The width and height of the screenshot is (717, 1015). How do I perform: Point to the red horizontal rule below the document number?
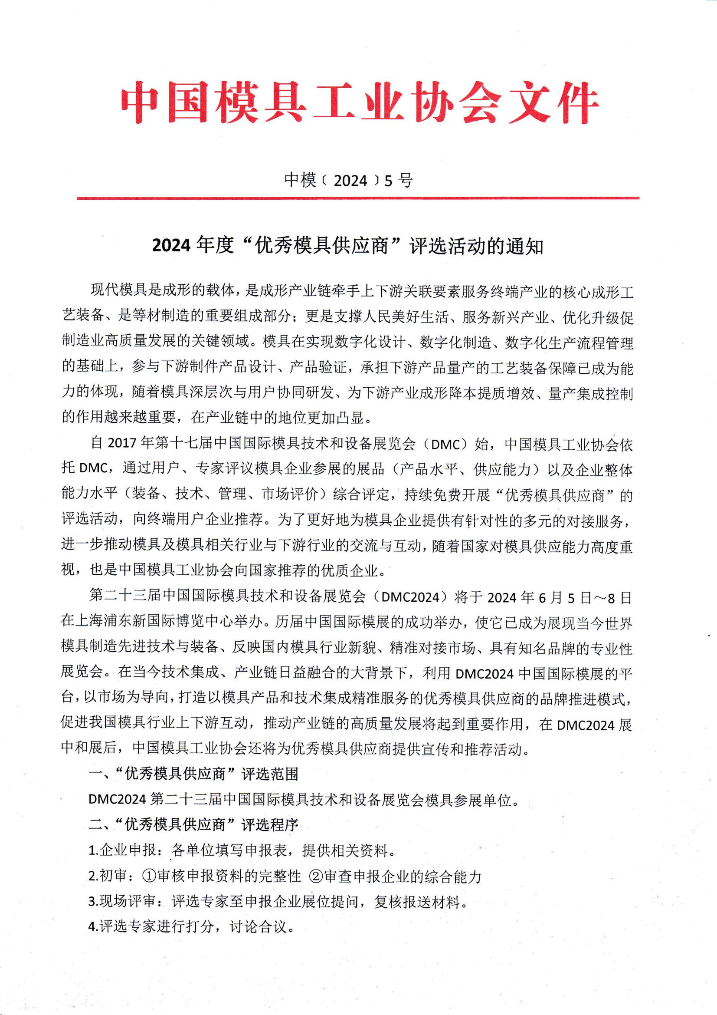click(x=358, y=198)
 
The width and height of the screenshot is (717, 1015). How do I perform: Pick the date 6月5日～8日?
click(x=585, y=597)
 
